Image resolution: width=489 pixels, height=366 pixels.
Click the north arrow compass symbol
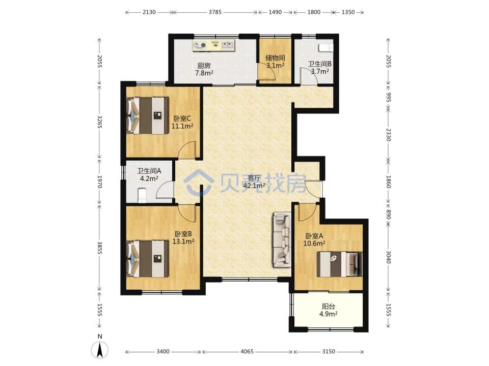tap(100, 350)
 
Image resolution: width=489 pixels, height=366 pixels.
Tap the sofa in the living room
tap(282, 239)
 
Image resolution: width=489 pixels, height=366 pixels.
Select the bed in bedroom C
tap(148, 116)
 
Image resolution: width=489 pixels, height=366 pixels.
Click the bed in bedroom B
tap(148, 259)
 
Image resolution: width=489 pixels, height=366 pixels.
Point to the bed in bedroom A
tap(339, 264)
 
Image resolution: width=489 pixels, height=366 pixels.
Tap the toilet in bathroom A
tap(142, 195)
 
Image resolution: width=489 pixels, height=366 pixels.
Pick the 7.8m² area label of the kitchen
tap(204, 73)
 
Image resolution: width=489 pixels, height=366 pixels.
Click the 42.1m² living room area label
tap(254, 186)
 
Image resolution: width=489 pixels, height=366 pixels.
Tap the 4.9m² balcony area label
tap(328, 314)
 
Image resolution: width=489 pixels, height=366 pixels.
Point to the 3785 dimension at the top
tap(215, 12)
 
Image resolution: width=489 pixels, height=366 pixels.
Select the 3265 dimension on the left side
tap(99, 121)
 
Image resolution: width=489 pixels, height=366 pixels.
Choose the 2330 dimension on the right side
tap(388, 134)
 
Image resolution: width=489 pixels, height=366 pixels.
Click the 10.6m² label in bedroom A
tap(314, 243)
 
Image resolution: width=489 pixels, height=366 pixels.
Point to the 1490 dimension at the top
tap(275, 12)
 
